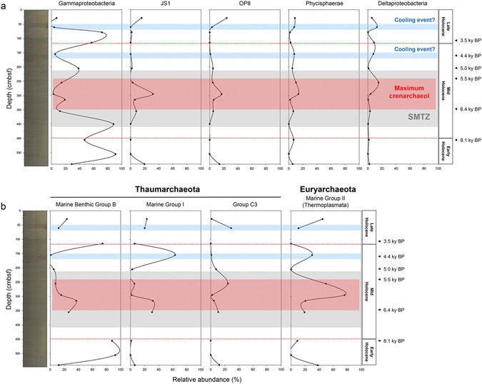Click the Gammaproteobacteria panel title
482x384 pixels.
coord(86,5)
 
